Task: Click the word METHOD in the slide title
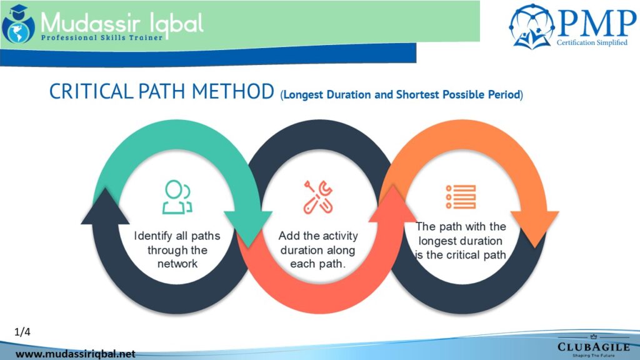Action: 233,91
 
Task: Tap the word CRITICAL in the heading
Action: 91,91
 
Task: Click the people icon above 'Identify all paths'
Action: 177,197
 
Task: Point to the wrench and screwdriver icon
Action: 318,197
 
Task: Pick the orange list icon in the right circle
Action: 461,197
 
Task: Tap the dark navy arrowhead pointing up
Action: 105,206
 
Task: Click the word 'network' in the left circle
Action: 177,264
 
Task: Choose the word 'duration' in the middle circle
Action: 299,250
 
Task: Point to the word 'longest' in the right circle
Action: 437,241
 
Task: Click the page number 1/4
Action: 22,332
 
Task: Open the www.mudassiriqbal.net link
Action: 76,354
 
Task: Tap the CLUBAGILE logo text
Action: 594,347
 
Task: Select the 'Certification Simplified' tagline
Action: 592,42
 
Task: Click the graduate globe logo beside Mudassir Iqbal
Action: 18,24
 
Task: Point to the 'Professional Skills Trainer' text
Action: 102,38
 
